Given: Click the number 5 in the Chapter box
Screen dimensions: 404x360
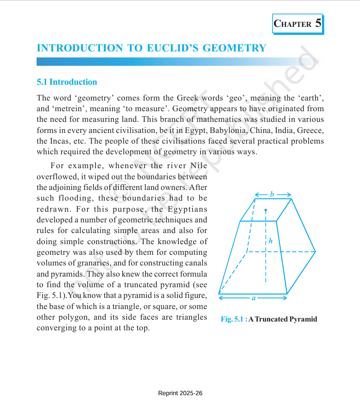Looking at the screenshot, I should click(318, 23).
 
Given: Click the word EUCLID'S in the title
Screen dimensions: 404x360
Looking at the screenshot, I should click(176, 48).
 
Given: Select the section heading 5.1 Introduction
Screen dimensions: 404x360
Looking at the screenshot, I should click(67, 82).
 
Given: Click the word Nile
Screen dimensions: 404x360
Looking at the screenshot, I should click(198, 166).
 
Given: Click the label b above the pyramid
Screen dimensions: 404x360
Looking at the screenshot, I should click(272, 194).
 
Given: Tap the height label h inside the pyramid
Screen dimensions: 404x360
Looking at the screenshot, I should click(271, 241).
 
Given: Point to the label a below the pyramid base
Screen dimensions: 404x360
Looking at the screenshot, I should click(253, 298).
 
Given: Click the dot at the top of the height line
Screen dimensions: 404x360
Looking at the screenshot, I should click(265, 210).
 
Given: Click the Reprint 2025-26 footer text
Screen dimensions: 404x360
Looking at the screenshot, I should click(180, 393).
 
